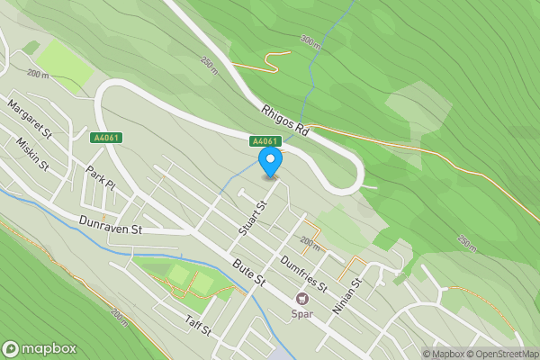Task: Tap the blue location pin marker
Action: [270, 162]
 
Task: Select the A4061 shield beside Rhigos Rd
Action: [265, 141]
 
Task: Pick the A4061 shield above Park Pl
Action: [105, 138]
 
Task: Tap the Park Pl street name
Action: [102, 177]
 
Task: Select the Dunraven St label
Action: [111, 229]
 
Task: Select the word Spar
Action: [301, 314]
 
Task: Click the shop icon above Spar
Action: [301, 299]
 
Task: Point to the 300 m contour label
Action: [310, 41]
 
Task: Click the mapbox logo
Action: [40, 349]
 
